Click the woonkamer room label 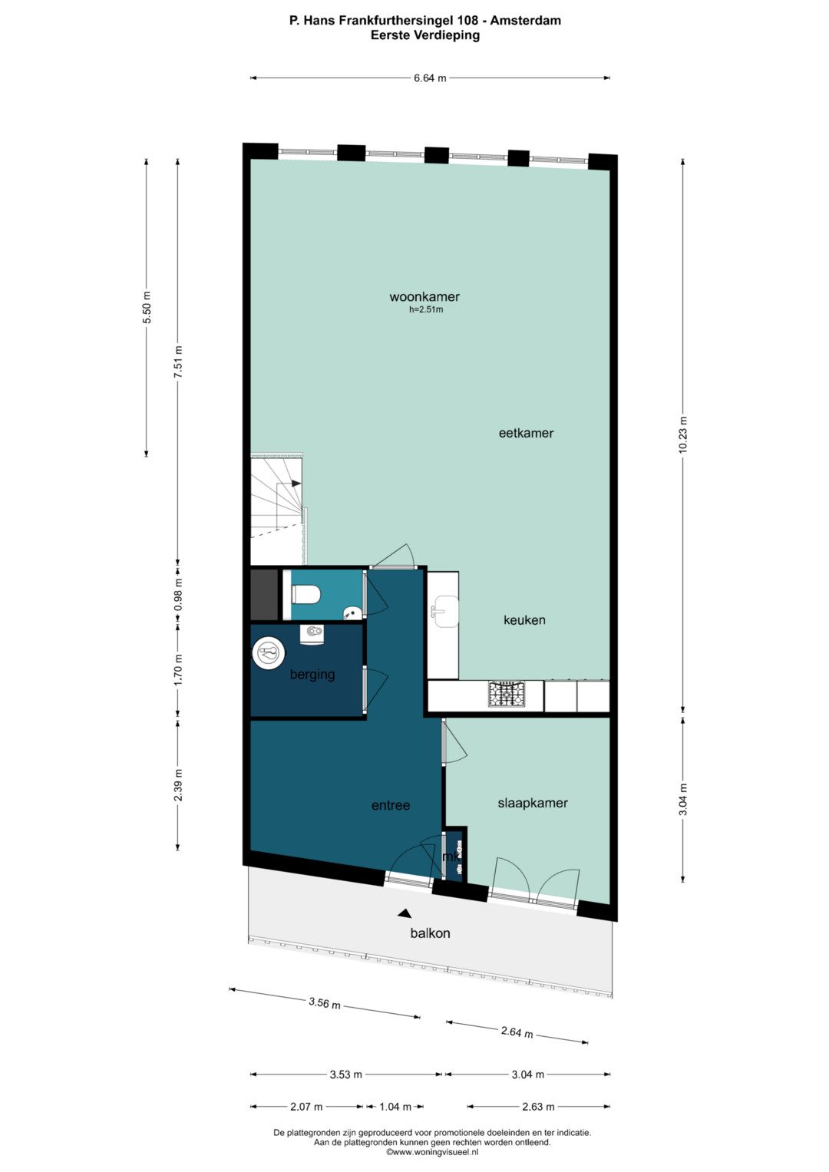pyautogui.click(x=424, y=297)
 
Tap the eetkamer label pyautogui.click(x=526, y=433)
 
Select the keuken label pyautogui.click(x=524, y=620)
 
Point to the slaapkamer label pyautogui.click(x=533, y=803)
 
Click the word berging pyautogui.click(x=312, y=675)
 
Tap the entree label pyautogui.click(x=391, y=805)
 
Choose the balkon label pyautogui.click(x=430, y=933)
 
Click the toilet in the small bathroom pyautogui.click(x=306, y=594)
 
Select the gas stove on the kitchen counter pyautogui.click(x=506, y=694)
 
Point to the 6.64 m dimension pyautogui.click(x=430, y=78)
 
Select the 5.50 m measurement pyautogui.click(x=147, y=307)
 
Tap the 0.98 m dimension pyautogui.click(x=178, y=594)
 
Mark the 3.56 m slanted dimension pyautogui.click(x=325, y=1003)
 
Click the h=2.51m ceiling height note pyautogui.click(x=426, y=310)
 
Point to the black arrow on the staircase pyautogui.click(x=296, y=484)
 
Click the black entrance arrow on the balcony pyautogui.click(x=404, y=912)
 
